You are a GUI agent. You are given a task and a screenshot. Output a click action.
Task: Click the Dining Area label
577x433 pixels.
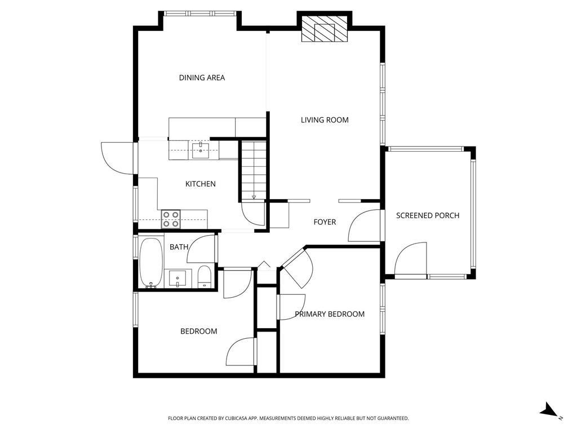coord(202,78)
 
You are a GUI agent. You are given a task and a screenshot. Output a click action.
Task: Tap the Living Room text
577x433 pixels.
coord(325,120)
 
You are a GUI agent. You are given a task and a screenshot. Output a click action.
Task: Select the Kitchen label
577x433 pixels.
coord(200,184)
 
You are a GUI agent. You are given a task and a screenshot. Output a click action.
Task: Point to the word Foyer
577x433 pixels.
coord(325,222)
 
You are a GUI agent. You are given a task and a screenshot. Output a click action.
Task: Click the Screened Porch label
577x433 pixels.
coord(428,216)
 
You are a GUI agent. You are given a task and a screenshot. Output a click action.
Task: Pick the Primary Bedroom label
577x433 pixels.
coord(330,314)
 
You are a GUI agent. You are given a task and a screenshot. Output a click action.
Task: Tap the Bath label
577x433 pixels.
coord(179,247)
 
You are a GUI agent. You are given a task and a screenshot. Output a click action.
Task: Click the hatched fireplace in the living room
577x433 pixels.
coord(325,29)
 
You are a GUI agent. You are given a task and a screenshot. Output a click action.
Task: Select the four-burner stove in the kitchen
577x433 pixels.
coord(171,219)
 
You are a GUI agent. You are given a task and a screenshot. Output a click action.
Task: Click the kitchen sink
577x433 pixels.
coord(201,151)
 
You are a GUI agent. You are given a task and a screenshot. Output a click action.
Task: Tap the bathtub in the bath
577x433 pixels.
coord(151,263)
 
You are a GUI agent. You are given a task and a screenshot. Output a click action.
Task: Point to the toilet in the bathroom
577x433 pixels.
coord(204,276)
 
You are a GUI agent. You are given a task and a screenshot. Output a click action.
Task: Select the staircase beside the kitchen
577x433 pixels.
coord(254,170)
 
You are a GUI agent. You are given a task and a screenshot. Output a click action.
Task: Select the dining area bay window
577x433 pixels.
coord(200,14)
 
